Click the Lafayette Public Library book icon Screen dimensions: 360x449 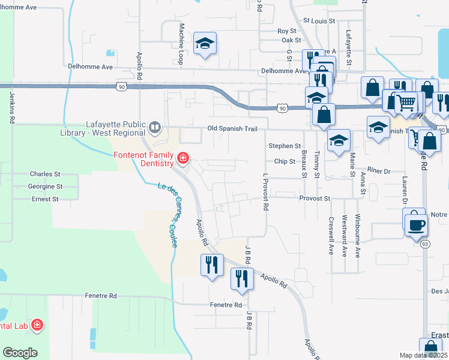(x=155, y=127)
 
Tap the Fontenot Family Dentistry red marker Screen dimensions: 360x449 (x=182, y=160)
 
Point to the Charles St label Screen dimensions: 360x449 (x=46, y=174)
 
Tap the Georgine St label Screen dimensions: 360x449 (x=44, y=187)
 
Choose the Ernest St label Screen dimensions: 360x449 (x=45, y=199)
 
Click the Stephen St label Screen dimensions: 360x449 (x=285, y=146)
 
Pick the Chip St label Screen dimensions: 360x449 (x=285, y=161)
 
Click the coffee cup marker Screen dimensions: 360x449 (x=415, y=225)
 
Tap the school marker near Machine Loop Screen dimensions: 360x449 (x=205, y=44)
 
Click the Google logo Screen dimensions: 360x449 (x=20, y=352)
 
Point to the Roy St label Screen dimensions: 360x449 (x=287, y=31)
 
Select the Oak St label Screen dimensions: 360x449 (x=291, y=40)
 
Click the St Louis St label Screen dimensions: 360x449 (x=318, y=20)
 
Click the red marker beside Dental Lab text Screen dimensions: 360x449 (x=37, y=325)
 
